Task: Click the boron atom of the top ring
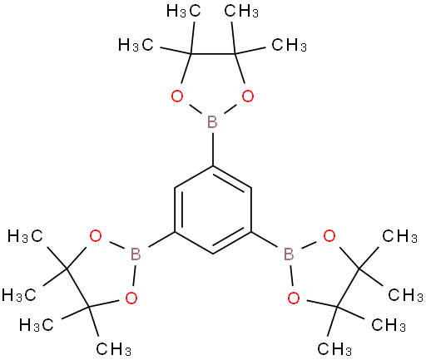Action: pos(212,122)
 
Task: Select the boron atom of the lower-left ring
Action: pos(136,254)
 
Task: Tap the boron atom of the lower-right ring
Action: pos(289,254)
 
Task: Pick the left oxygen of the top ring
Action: pos(177,96)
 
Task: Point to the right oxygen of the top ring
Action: pos(248,96)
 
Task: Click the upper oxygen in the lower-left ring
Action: pos(96,236)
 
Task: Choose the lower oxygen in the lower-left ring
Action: pos(131,298)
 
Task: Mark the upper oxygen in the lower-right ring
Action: pos(329,236)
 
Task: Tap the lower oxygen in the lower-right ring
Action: pos(294,298)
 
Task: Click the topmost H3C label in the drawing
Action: pos(183,12)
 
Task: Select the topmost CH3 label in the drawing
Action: pos(241,12)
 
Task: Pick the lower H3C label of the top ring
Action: pos(136,45)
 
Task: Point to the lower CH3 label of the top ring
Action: pos(290,45)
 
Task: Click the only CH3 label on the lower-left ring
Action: pos(114,349)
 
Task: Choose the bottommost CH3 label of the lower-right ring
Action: pos(334,349)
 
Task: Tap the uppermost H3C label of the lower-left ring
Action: pos(25,236)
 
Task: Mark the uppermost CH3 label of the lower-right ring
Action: pos(399,236)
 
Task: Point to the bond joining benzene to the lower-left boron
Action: pos(161,239)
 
